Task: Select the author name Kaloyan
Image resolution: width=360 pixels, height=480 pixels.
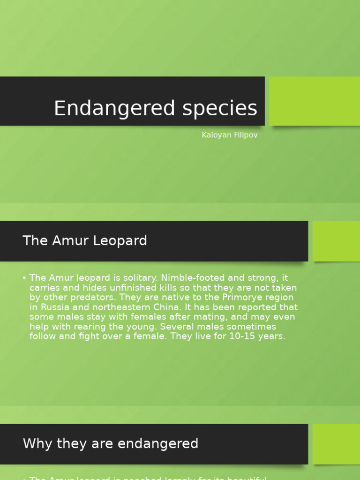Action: click(215, 135)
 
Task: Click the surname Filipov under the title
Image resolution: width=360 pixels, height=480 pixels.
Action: click(244, 135)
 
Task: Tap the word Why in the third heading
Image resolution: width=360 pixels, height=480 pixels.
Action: click(36, 443)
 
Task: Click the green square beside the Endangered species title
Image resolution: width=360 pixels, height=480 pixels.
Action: click(314, 101)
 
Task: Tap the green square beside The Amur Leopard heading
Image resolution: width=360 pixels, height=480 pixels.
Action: click(336, 241)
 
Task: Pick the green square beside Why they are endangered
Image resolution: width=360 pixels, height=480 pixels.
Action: click(336, 444)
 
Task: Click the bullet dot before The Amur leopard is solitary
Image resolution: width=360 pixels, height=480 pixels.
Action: click(24, 278)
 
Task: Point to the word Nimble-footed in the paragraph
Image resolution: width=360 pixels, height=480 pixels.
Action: click(191, 278)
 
